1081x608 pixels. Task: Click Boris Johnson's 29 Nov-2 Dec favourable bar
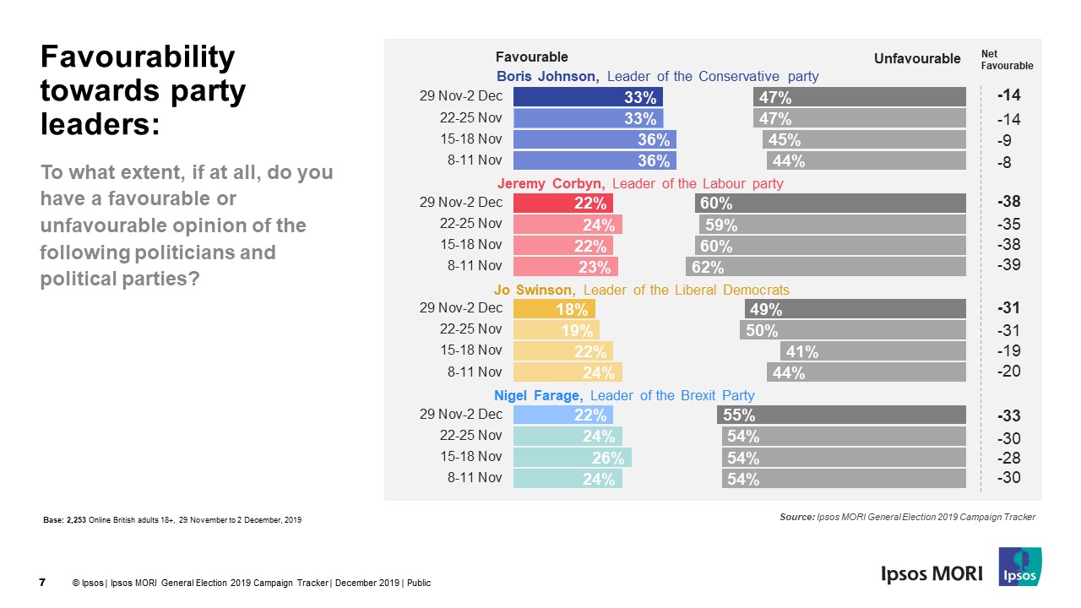pos(588,96)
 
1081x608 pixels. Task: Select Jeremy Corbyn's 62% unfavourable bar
pos(825,267)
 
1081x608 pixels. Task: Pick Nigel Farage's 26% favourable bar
pos(572,457)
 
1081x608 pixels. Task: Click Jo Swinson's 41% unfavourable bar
pos(872,351)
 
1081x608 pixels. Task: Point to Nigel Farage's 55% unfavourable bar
pos(841,415)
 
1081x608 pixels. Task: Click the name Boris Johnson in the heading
pos(547,77)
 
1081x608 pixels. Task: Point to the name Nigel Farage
pos(538,395)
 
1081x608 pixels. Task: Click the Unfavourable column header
pos(917,58)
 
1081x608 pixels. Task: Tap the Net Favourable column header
pos(1007,59)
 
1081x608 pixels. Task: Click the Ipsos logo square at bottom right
pos(1020,567)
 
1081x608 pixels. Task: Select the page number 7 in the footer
pos(42,582)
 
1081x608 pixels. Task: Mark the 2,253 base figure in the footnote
pos(77,519)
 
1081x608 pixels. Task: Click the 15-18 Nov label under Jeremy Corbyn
pos(471,245)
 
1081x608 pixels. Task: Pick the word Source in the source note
pos(796,517)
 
